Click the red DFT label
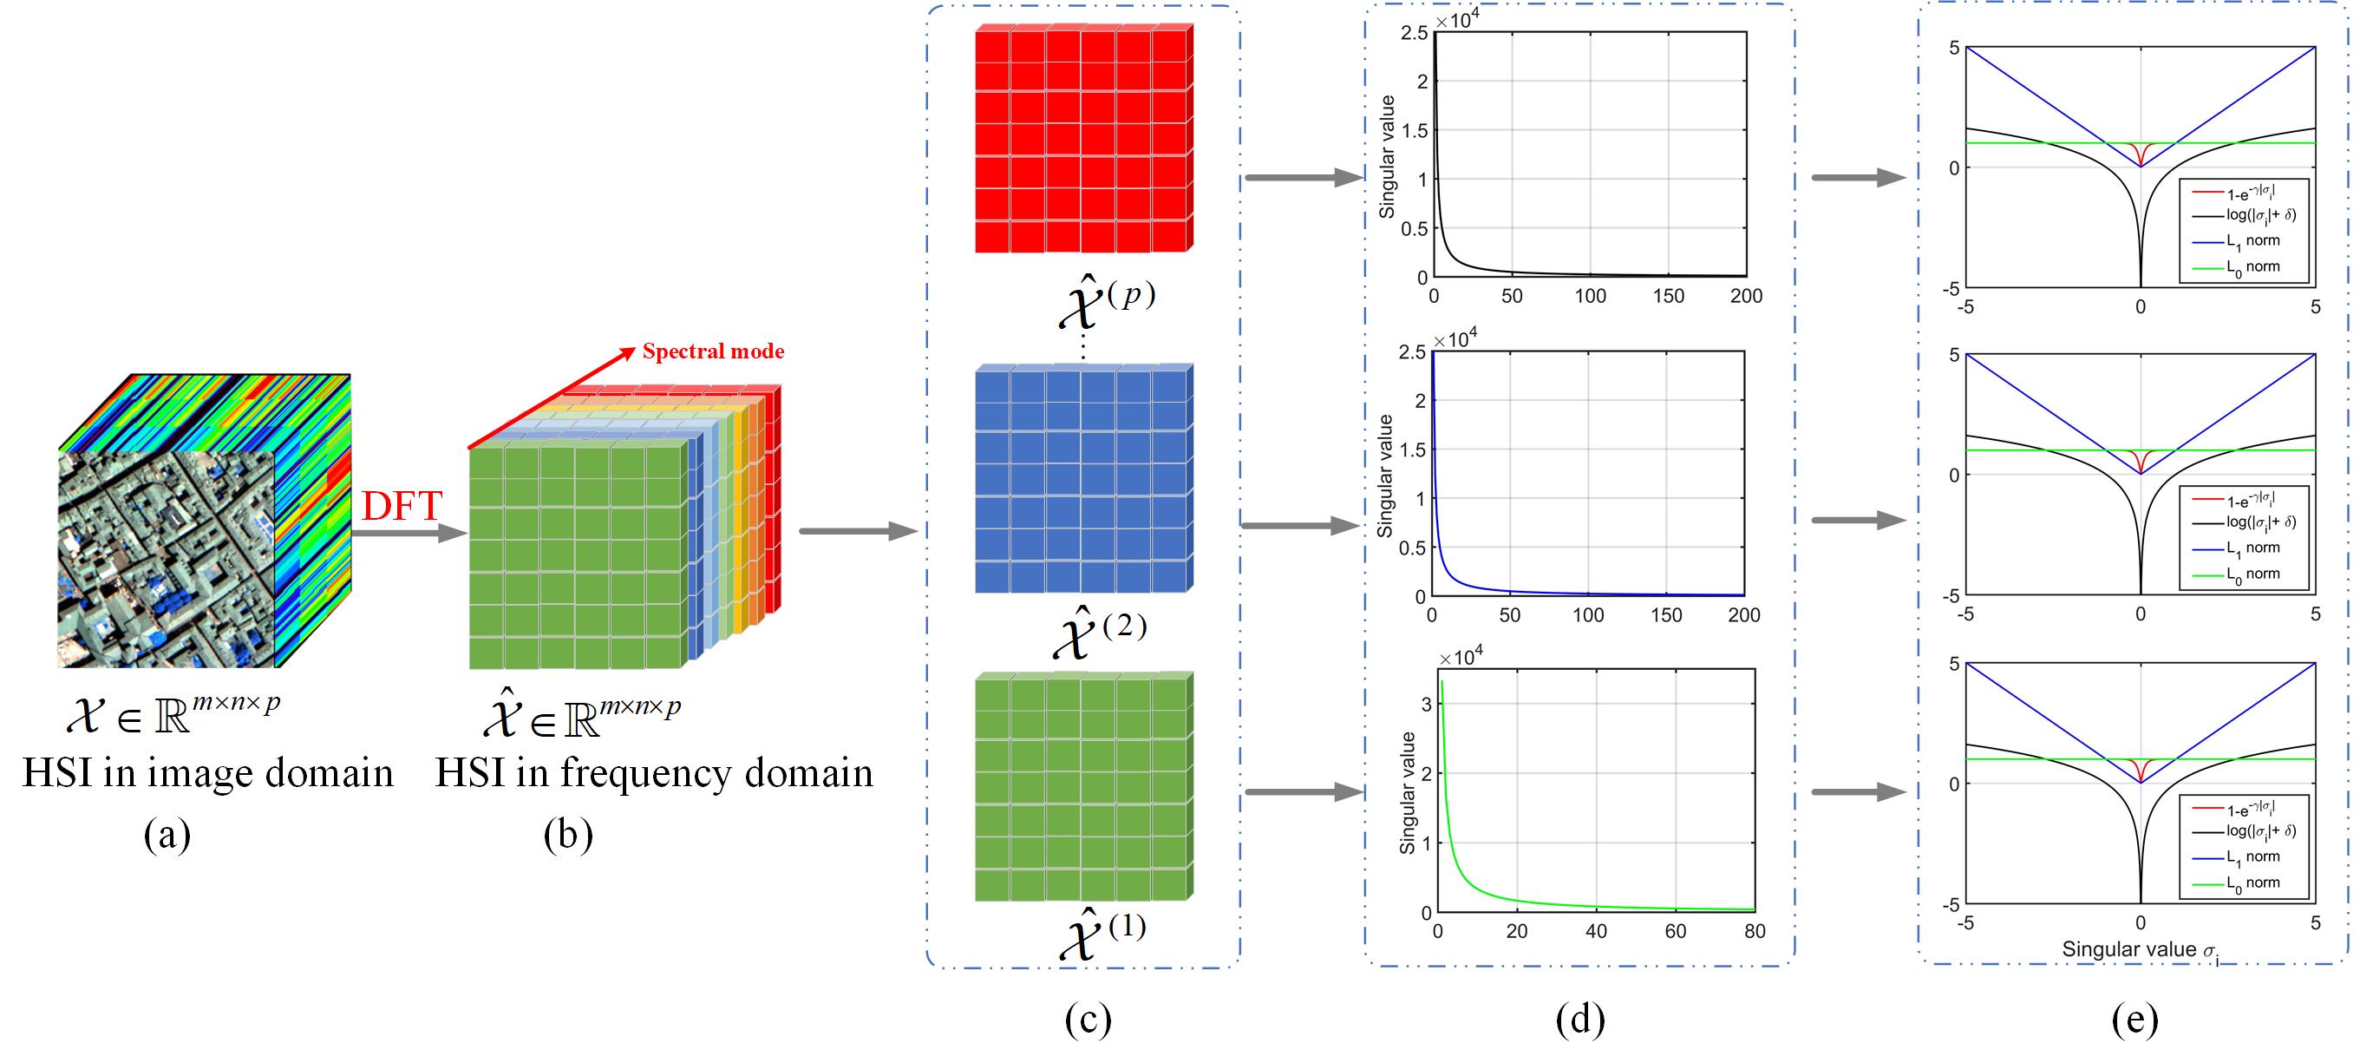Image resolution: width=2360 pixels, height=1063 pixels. (402, 506)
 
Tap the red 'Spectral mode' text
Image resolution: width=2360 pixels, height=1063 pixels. (713, 351)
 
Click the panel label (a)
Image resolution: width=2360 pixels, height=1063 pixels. (167, 835)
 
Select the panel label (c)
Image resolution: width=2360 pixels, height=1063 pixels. (1088, 1019)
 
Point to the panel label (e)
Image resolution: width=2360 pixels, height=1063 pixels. (2134, 1019)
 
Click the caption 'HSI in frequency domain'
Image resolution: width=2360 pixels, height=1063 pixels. (653, 772)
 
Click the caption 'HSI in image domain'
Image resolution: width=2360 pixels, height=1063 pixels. (208, 772)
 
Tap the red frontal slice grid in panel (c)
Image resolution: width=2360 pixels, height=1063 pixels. (1083, 138)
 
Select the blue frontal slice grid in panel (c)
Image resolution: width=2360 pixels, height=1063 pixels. (1083, 478)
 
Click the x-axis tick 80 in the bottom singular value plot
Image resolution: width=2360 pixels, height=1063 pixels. (1755, 931)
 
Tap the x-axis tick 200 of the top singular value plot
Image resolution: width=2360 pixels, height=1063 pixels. (1746, 296)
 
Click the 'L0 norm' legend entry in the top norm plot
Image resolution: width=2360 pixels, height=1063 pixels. (2252, 266)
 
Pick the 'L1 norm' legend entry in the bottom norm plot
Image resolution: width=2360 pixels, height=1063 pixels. (2252, 856)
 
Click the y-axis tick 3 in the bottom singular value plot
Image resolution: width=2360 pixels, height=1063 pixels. (1426, 704)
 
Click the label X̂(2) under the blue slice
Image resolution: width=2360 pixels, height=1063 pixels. (1100, 631)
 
